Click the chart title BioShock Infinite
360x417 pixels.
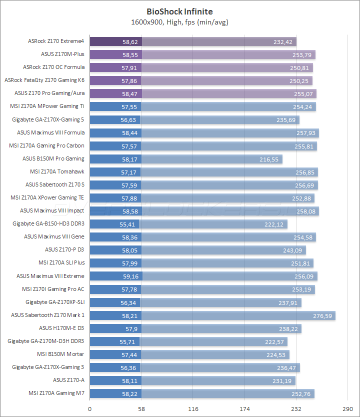coord(179,10)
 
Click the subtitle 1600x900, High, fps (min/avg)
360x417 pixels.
coord(179,21)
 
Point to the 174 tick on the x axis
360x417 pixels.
coord(244,408)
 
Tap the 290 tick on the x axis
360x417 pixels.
coord(348,408)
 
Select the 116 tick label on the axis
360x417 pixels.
coord(193,408)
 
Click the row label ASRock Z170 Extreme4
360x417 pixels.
coord(56,41)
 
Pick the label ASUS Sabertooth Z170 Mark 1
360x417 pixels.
coord(48,315)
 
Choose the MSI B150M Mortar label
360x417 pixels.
coord(63,354)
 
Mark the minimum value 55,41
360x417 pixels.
coord(129,224)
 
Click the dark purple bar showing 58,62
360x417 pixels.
coord(115,41)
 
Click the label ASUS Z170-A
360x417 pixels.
coord(68,380)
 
